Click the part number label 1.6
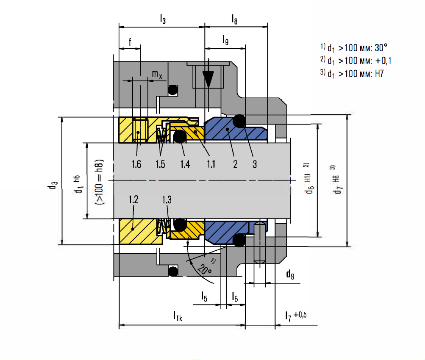coord(136,164)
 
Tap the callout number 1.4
coord(185,164)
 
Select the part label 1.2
coord(133,199)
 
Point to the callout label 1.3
coord(167,200)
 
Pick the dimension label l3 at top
coord(163,19)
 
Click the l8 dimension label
coord(234,19)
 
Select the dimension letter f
coord(130,42)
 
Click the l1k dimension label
coord(178,316)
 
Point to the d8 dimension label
coord(290,274)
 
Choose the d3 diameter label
coord(53,185)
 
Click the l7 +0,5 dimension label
coord(296,316)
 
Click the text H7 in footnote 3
coord(379,74)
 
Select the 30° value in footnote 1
coord(381,48)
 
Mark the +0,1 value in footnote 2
coord(383,61)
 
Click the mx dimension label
coord(157,74)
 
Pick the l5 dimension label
coord(204,296)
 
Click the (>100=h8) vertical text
coord(100,182)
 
